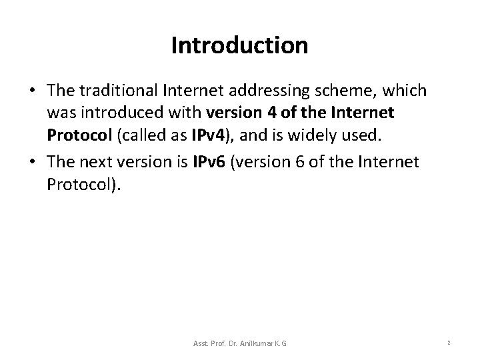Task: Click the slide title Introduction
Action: coord(239,46)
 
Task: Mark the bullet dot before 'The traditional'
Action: coord(33,90)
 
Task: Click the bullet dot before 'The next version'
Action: coord(33,162)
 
